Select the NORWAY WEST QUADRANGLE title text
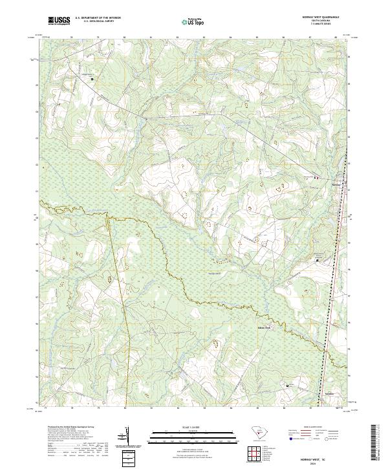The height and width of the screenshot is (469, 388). pyautogui.click(x=323, y=17)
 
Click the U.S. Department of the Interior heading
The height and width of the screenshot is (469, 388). pyautogui.click(x=97, y=18)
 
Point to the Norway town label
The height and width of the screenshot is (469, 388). pyautogui.click(x=335, y=182)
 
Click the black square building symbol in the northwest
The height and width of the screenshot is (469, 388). pyautogui.click(x=92, y=79)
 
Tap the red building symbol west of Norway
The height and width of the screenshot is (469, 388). pyautogui.click(x=316, y=177)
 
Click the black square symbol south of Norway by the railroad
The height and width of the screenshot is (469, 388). pyautogui.click(x=318, y=260)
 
